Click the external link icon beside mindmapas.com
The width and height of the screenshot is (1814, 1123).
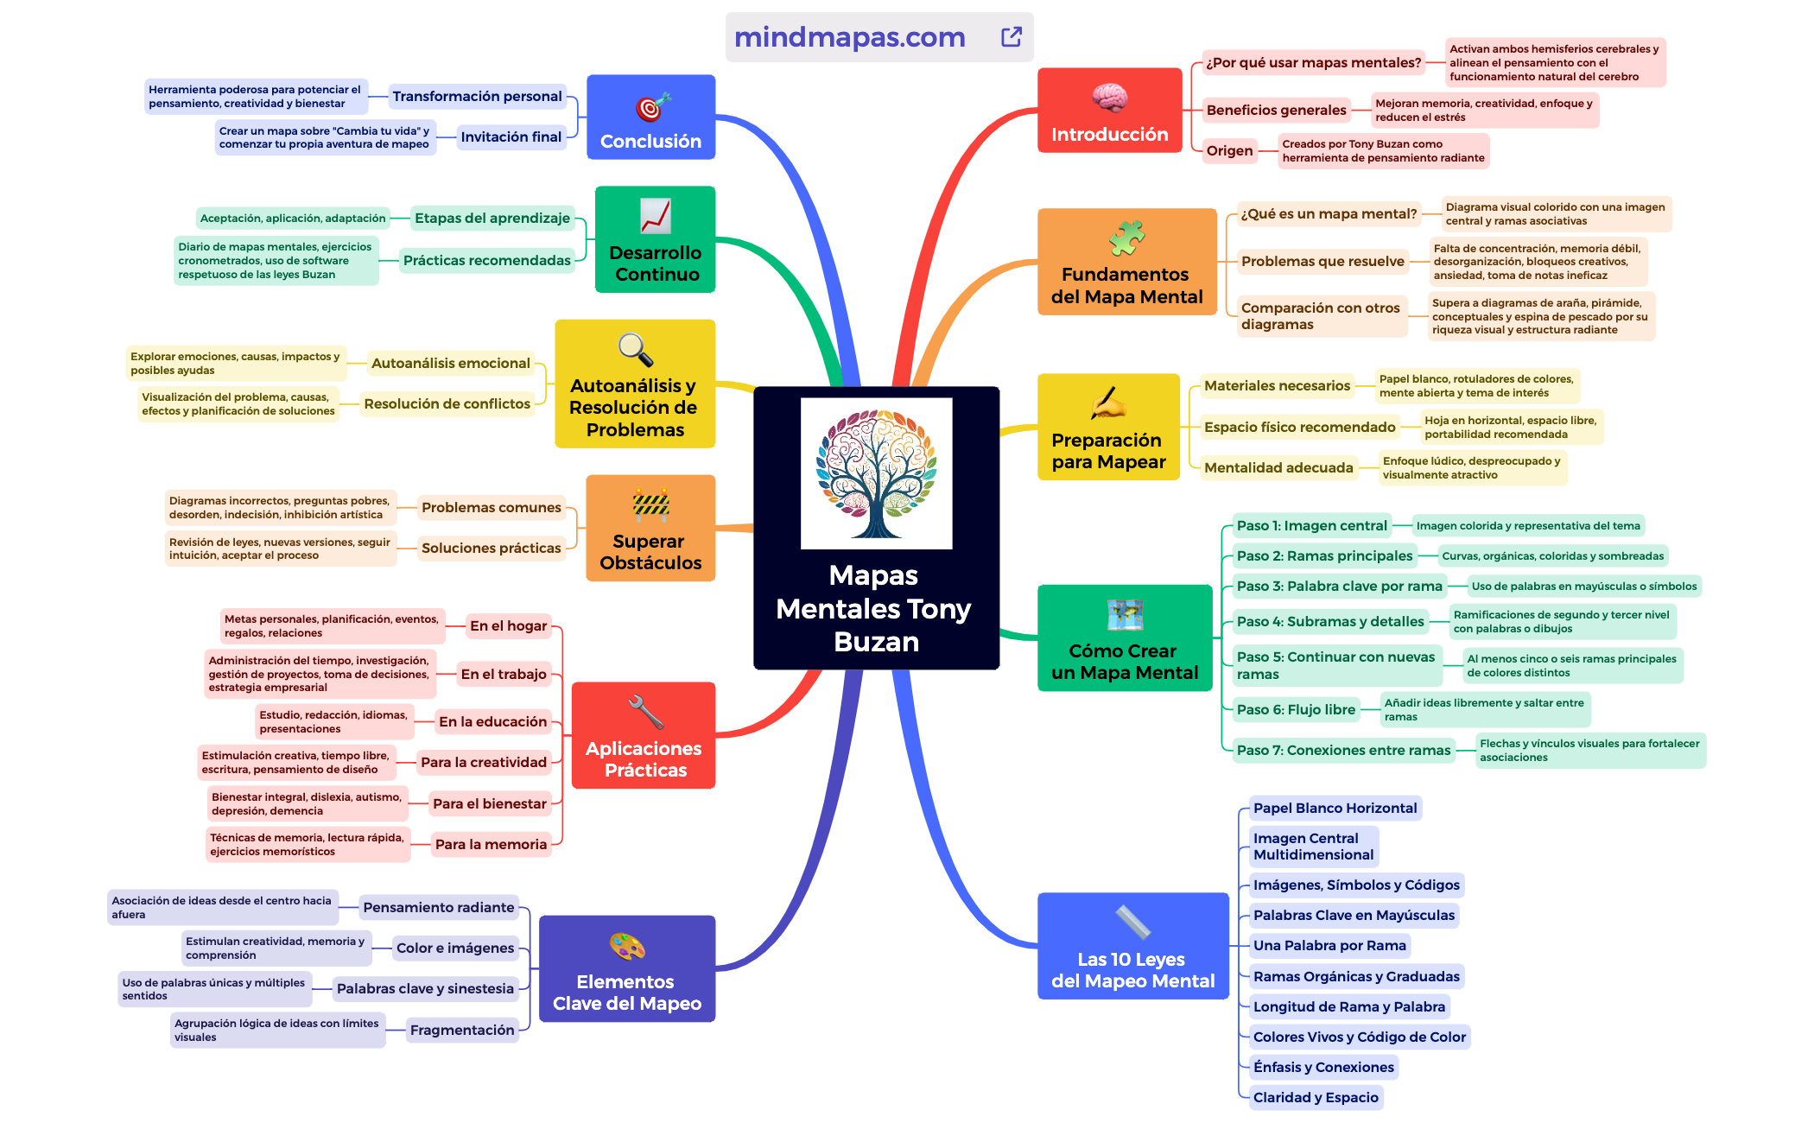(1011, 37)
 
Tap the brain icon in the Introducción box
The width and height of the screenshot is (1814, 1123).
(1109, 98)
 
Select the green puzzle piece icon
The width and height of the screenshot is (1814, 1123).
(1126, 238)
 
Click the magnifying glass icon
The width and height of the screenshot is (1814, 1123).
(636, 350)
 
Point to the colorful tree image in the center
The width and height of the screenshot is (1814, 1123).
(876, 473)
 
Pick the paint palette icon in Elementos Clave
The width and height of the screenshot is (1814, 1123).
(627, 947)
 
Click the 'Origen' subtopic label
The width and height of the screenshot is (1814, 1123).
(1229, 151)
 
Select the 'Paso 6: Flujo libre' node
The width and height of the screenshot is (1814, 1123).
(1295, 710)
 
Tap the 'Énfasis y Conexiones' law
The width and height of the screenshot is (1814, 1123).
(1323, 1068)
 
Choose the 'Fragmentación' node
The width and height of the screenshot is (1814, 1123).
(462, 1030)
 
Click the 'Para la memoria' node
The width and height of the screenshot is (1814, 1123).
(491, 845)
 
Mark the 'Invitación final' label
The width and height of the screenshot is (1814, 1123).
(511, 137)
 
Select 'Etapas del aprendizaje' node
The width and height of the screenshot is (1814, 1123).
(492, 219)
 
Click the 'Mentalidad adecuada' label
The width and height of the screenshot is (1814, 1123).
(1278, 468)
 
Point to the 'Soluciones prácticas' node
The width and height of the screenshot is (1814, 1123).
(491, 549)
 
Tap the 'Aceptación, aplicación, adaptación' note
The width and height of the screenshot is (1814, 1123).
(293, 219)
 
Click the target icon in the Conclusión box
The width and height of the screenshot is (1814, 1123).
(653, 107)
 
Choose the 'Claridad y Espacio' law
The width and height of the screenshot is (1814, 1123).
(1316, 1098)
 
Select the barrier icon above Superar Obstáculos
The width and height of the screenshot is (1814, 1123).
(650, 504)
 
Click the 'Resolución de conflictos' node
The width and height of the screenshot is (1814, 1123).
(447, 404)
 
